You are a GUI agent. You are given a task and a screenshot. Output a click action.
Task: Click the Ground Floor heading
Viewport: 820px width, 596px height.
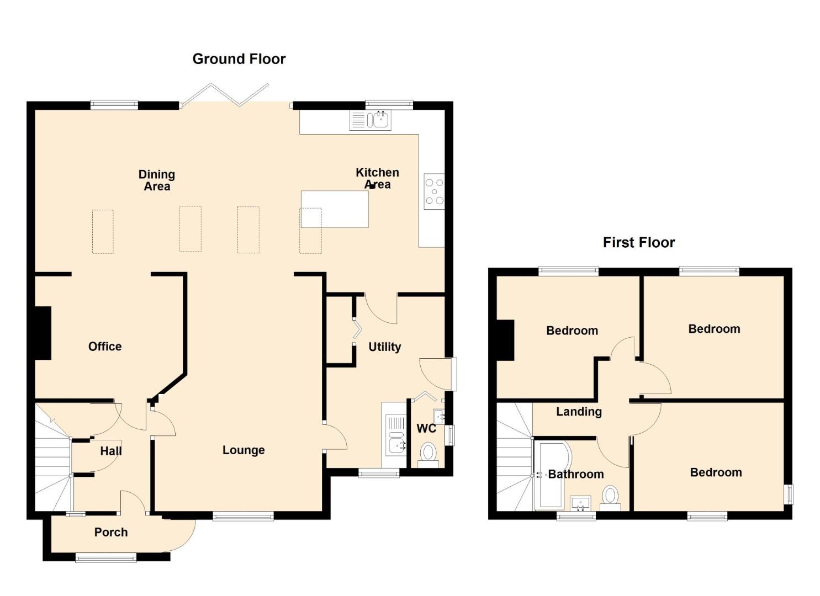pyautogui.click(x=239, y=59)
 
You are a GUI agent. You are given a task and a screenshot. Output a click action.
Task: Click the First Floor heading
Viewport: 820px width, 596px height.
pyautogui.click(x=639, y=243)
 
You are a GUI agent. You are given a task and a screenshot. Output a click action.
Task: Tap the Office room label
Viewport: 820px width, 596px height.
pyautogui.click(x=105, y=347)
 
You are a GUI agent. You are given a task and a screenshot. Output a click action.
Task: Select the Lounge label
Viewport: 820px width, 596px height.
pyautogui.click(x=244, y=450)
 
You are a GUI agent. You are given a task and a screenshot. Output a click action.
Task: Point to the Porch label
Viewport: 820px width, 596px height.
pyautogui.click(x=111, y=532)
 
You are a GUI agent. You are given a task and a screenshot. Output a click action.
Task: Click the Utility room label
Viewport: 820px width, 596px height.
pyautogui.click(x=385, y=347)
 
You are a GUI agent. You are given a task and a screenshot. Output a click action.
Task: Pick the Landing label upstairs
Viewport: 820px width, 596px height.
pyautogui.click(x=579, y=412)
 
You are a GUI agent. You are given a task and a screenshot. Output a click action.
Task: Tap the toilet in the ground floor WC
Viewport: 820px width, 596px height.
pyautogui.click(x=428, y=455)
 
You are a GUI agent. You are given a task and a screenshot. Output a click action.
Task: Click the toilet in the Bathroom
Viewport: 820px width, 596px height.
pyautogui.click(x=610, y=498)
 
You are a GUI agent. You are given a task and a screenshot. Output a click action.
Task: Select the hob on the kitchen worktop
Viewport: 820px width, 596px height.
pyautogui.click(x=434, y=191)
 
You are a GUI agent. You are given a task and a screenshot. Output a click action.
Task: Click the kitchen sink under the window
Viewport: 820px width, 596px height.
pyautogui.click(x=370, y=120)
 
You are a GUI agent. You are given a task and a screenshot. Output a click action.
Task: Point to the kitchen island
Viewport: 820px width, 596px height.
pyautogui.click(x=335, y=209)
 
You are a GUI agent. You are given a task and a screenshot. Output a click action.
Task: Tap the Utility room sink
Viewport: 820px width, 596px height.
pyautogui.click(x=395, y=435)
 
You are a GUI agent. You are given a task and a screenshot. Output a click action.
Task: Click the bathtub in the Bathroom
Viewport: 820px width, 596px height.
pyautogui.click(x=551, y=475)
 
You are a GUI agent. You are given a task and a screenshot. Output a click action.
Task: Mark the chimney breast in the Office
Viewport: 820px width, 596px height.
pyautogui.click(x=43, y=333)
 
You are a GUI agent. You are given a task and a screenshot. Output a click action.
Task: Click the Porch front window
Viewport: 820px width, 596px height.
pyautogui.click(x=106, y=558)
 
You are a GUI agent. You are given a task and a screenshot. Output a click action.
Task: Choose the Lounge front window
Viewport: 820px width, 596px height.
pyautogui.click(x=243, y=516)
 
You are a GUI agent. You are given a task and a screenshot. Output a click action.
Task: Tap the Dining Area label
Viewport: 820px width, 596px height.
pyautogui.click(x=157, y=180)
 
